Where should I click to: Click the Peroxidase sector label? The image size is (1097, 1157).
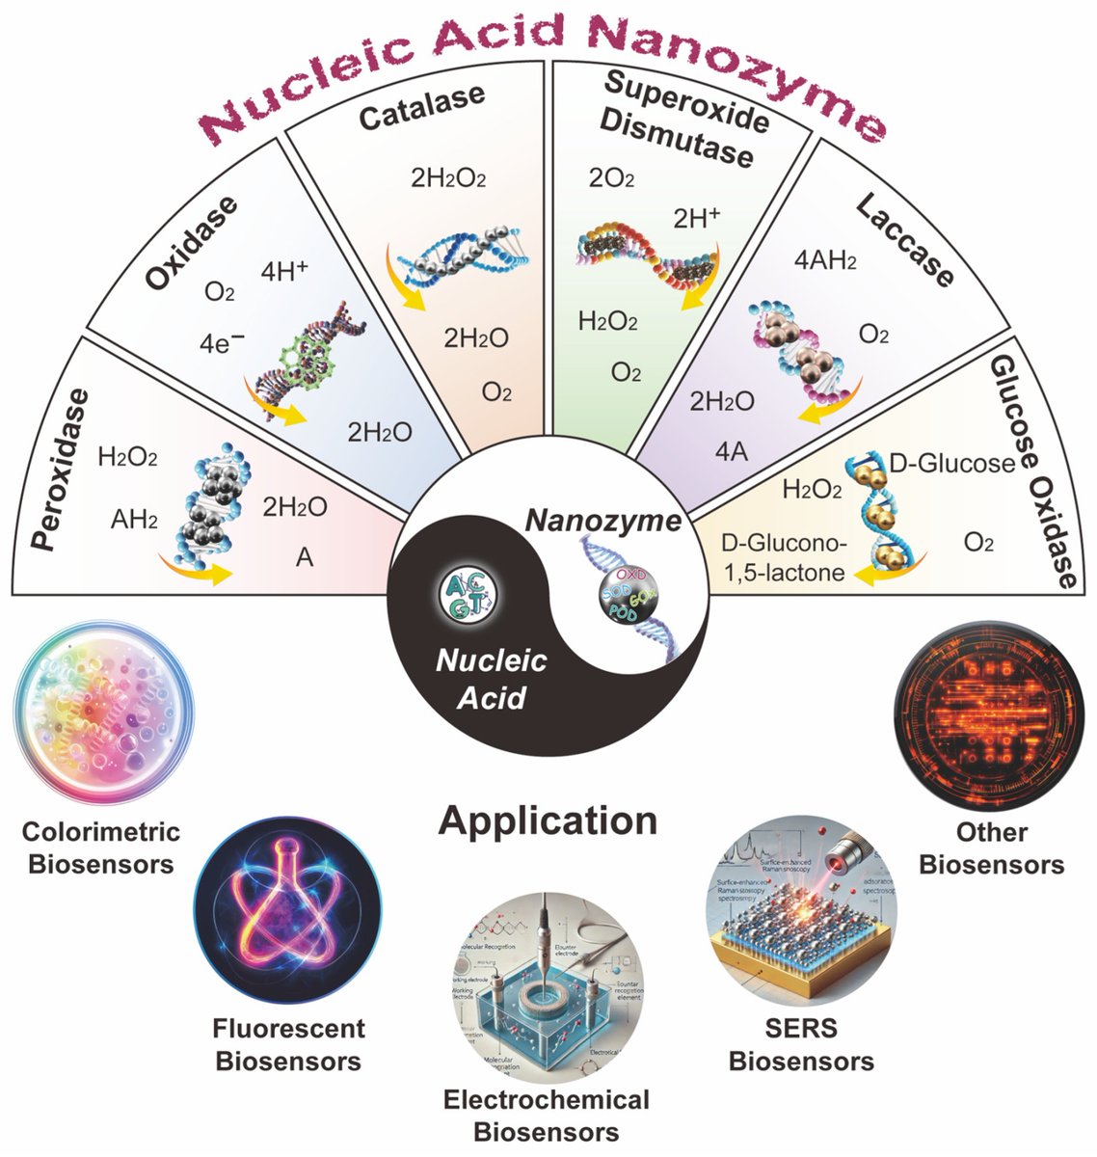pos(62,470)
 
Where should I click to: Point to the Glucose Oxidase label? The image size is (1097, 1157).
pos(1047,472)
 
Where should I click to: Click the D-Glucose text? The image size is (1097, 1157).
pos(950,464)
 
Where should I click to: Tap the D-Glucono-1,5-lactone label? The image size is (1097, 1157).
pos(784,558)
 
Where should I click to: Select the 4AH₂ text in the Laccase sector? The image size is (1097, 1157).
pos(825,260)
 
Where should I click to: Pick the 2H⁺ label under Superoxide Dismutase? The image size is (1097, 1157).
pos(696,218)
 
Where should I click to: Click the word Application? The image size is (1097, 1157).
pos(548,821)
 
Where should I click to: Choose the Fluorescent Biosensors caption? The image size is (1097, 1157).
pos(288,1044)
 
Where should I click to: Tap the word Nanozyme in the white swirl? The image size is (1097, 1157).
pos(602,522)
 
